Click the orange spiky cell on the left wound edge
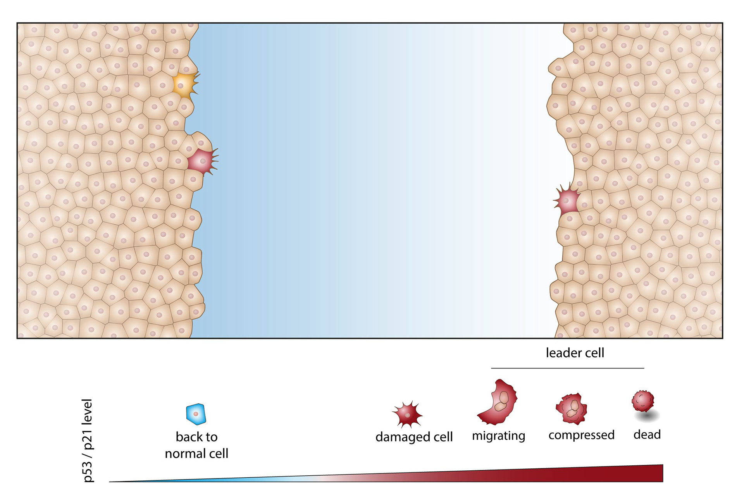point(184,85)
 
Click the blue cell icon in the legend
point(196,414)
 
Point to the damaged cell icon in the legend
point(407,414)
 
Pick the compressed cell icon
point(572,409)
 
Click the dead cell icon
point(643,401)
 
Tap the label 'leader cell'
point(575,353)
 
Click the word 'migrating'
point(498,436)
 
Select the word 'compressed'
point(581,435)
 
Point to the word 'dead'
point(647,435)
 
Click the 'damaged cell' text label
point(414,437)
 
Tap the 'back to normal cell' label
point(196,445)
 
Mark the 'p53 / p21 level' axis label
point(88,440)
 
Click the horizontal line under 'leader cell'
point(567,368)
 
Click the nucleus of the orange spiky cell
point(181,86)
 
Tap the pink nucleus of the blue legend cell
point(196,414)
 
